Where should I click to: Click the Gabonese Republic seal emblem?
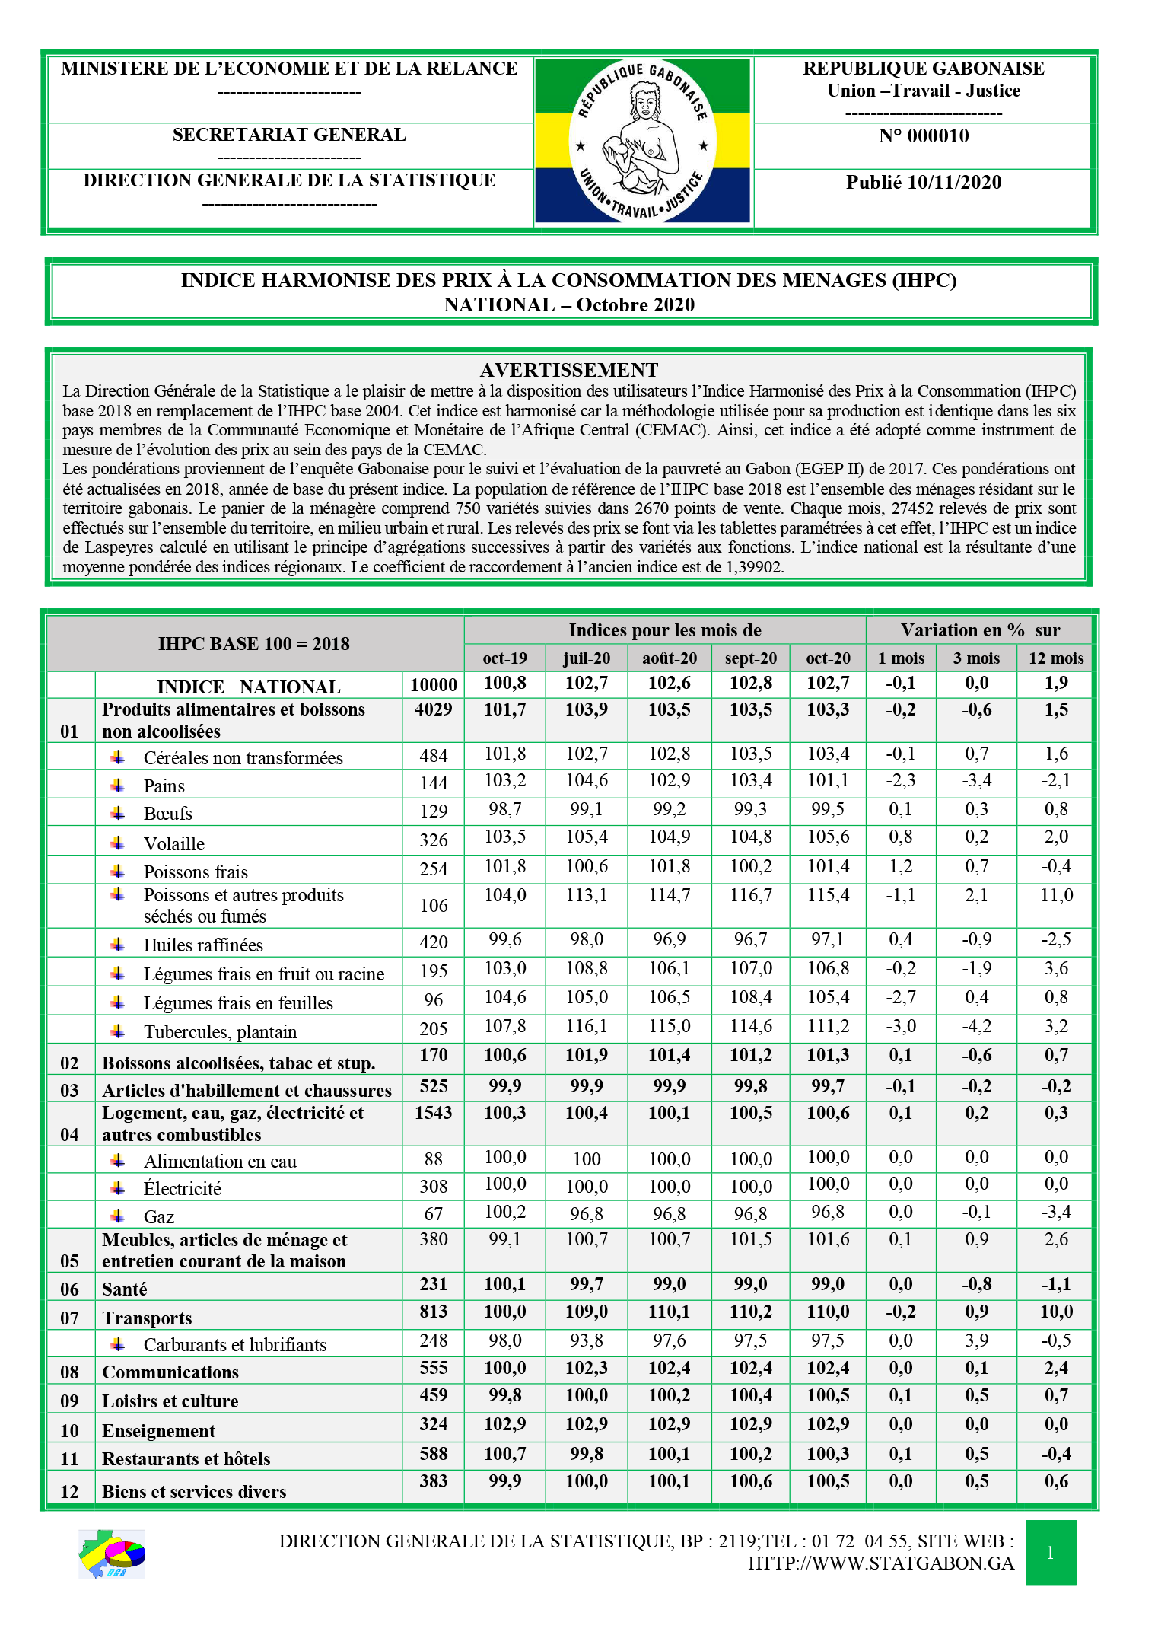[x=643, y=141]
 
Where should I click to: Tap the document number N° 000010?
[x=923, y=136]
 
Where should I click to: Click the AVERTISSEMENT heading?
[x=569, y=370]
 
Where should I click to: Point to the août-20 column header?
[x=669, y=658]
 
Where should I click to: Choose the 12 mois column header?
[x=1055, y=658]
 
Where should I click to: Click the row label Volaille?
[x=174, y=844]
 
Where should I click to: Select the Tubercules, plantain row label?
[x=220, y=1032]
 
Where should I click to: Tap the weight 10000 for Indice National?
[x=433, y=685]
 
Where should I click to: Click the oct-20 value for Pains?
[x=827, y=781]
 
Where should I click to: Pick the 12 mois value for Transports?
[x=1056, y=1312]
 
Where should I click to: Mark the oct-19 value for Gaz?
[x=505, y=1212]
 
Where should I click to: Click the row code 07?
[x=69, y=1318]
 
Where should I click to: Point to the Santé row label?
[x=125, y=1289]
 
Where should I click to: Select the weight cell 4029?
[x=433, y=709]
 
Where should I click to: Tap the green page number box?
[x=1050, y=1552]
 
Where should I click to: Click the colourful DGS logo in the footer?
[x=112, y=1554]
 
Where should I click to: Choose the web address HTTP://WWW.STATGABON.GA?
[x=880, y=1563]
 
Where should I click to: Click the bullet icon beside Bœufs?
[x=118, y=813]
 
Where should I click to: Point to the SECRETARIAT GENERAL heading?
[x=289, y=135]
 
